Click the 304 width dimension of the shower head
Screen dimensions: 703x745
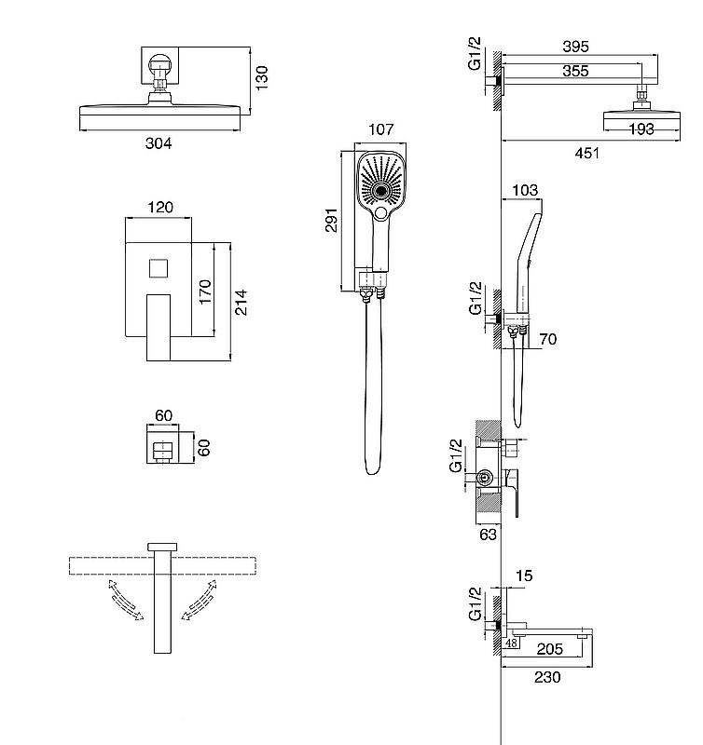click(159, 143)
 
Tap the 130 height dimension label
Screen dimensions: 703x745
click(262, 78)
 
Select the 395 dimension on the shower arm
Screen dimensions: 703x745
click(575, 47)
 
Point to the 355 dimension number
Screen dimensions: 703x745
click(575, 71)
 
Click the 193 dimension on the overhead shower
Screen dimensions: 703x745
click(641, 129)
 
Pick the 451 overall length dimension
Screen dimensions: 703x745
click(587, 153)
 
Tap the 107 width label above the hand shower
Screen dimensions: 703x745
click(381, 129)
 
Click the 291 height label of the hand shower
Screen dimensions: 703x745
click(332, 220)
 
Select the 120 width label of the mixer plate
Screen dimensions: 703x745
click(160, 207)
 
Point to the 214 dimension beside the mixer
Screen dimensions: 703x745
click(241, 302)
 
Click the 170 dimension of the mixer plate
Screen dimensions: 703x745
click(205, 292)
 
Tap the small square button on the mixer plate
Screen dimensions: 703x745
click(159, 268)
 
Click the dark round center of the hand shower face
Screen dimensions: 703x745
click(380, 191)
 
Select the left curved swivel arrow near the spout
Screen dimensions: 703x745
click(125, 600)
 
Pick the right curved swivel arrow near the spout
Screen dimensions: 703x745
click(200, 600)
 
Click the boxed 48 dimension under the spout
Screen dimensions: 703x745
click(511, 643)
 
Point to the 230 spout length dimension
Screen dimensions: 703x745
click(547, 677)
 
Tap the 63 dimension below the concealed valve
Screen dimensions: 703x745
click(488, 535)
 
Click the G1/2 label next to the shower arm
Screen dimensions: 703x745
click(475, 53)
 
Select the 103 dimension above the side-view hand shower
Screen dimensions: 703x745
click(525, 190)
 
